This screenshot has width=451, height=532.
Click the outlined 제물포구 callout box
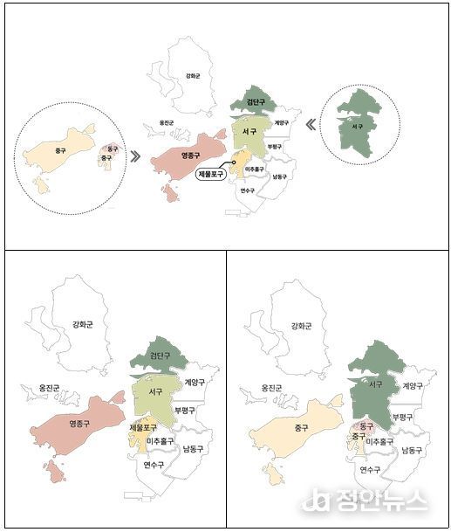tap(211, 174)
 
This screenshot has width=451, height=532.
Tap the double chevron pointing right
tap(136, 156)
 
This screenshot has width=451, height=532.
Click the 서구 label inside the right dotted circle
tap(356, 127)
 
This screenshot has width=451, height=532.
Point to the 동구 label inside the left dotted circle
tap(112, 149)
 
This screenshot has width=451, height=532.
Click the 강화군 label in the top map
tap(193, 77)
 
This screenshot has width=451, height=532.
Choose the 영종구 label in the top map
tap(191, 155)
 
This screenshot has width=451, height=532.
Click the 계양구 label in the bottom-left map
tap(195, 383)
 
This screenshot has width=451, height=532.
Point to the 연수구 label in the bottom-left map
tap(154, 466)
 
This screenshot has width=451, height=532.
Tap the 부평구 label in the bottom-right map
tap(402, 417)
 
